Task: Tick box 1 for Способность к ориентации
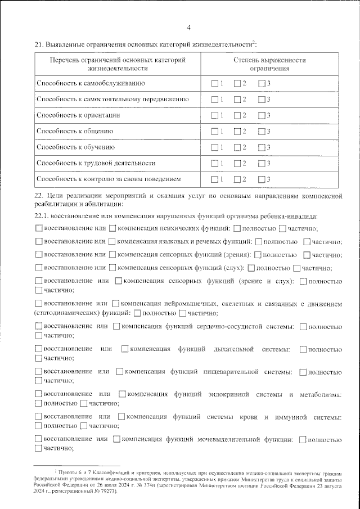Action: coord(214,115)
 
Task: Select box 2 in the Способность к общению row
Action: coord(237,132)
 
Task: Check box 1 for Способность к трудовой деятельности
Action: coord(214,163)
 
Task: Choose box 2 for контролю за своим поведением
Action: coord(237,179)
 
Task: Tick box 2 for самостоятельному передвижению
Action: coord(237,100)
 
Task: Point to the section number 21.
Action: coord(39,44)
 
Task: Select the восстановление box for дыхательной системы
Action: coord(38,350)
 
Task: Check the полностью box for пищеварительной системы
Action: coord(304,372)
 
